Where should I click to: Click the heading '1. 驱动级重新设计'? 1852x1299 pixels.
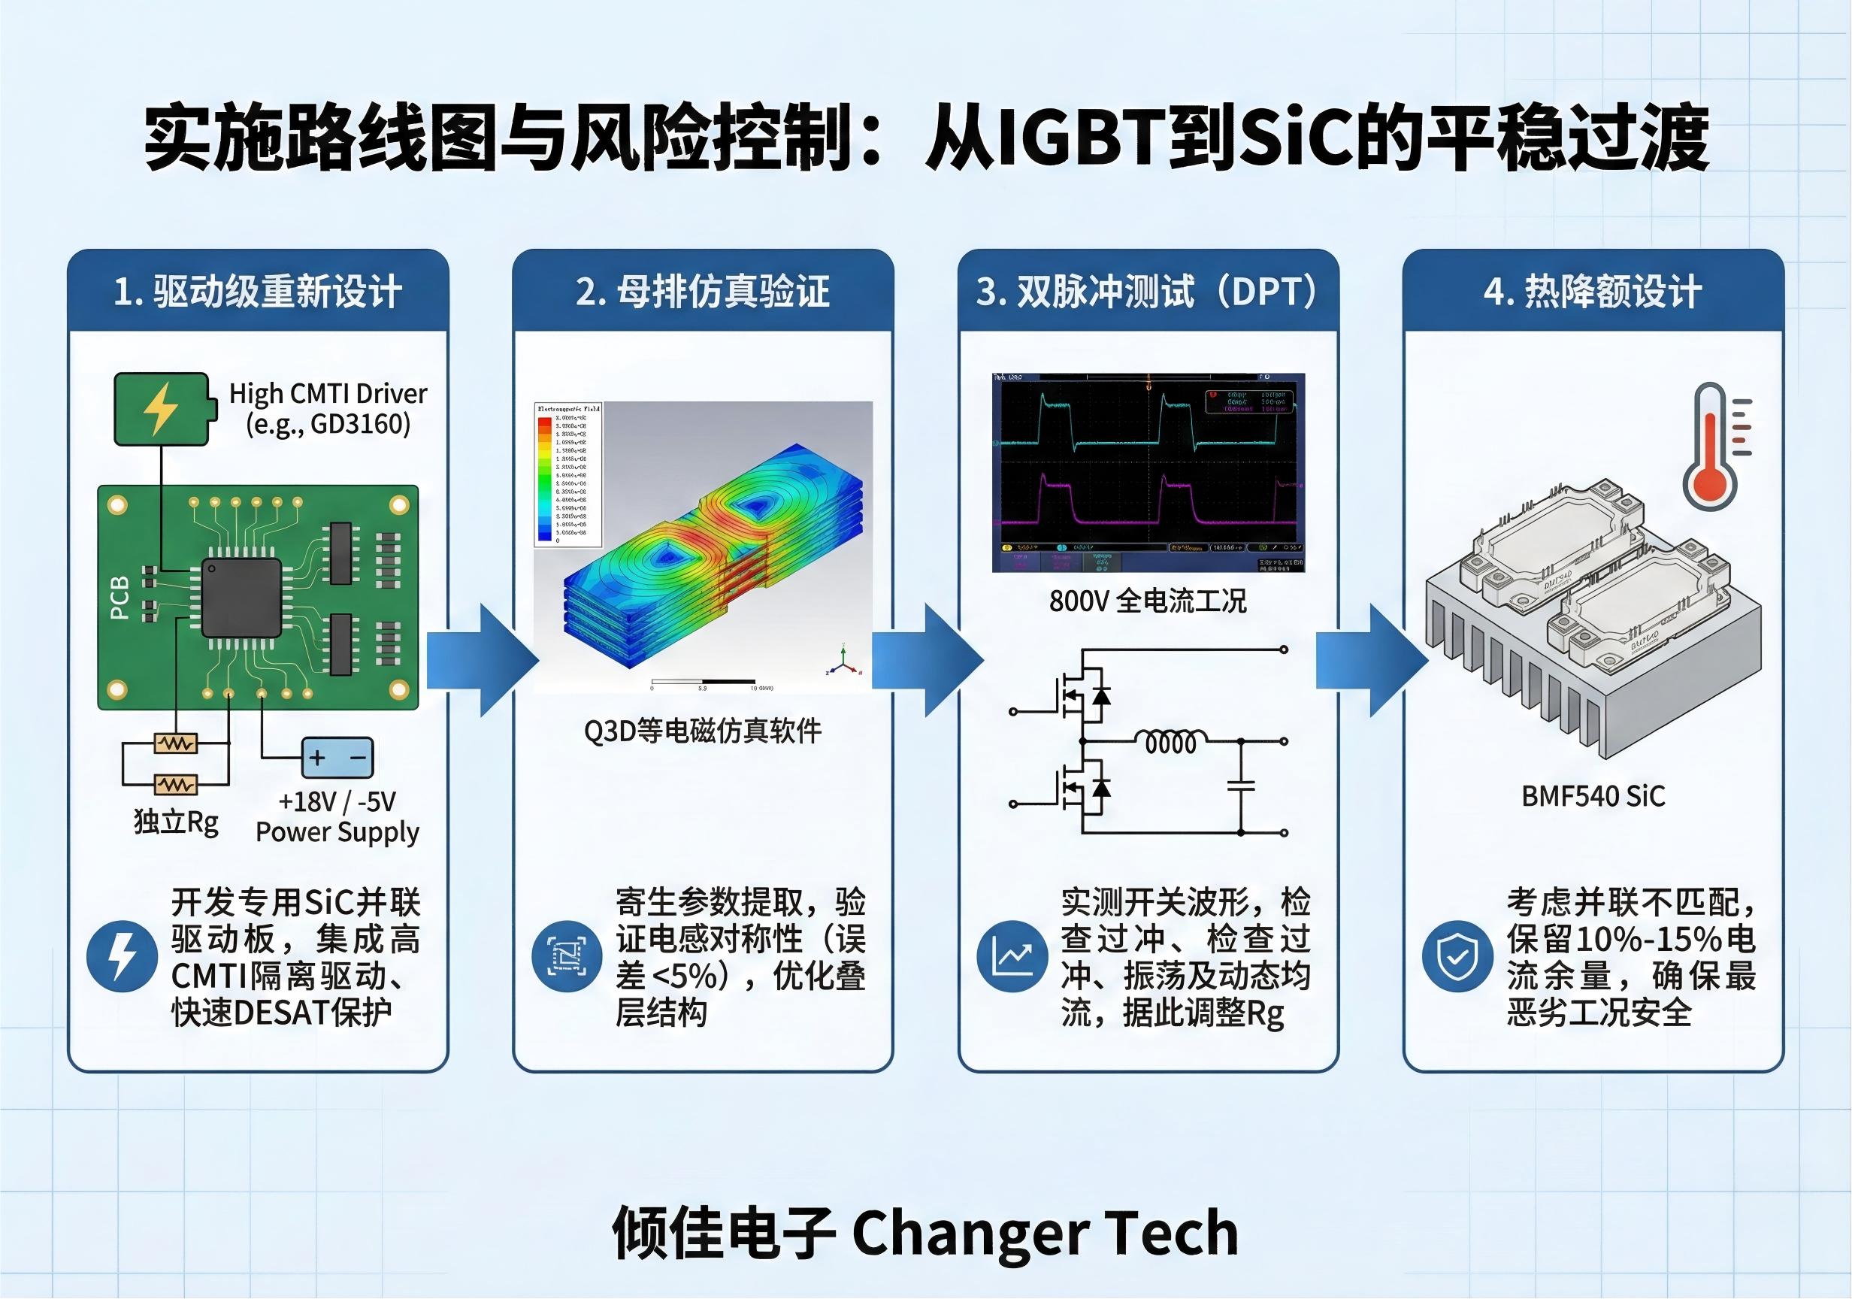click(x=257, y=291)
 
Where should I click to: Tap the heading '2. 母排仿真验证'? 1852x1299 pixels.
click(x=703, y=291)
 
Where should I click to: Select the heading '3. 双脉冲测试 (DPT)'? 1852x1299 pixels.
click(x=1148, y=291)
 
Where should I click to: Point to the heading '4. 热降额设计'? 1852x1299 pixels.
click(x=1593, y=291)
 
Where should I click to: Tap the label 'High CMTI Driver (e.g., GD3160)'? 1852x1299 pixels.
click(x=328, y=408)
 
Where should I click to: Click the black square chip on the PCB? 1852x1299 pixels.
click(x=241, y=597)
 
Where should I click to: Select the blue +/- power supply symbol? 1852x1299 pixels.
click(x=337, y=758)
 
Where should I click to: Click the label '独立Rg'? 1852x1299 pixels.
click(x=176, y=822)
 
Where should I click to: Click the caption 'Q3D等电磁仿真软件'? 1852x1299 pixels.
click(x=703, y=731)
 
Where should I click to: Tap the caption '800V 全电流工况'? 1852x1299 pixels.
click(x=1148, y=601)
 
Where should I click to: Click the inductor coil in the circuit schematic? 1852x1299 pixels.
click(x=1171, y=741)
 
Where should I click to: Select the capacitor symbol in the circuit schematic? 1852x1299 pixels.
click(x=1241, y=784)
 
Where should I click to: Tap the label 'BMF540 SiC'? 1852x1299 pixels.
click(x=1593, y=796)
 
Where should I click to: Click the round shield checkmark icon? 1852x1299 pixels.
click(x=1457, y=956)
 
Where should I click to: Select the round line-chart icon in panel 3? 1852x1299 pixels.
click(x=1012, y=956)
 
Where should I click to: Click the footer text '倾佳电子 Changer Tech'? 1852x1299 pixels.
click(x=925, y=1233)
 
